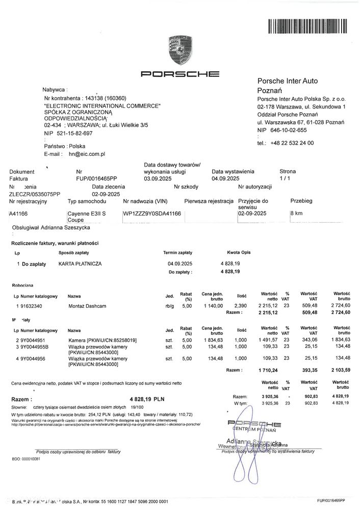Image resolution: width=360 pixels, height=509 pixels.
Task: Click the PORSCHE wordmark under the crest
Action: pyautogui.click(x=179, y=74)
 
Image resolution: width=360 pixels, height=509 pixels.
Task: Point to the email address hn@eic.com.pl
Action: pyautogui.click(x=87, y=153)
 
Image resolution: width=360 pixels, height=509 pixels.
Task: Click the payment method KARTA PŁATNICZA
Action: pyautogui.click(x=80, y=263)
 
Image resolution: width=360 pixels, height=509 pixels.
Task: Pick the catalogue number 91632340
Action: pyautogui.click(x=32, y=306)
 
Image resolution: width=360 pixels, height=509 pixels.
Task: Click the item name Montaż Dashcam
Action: pyautogui.click(x=86, y=306)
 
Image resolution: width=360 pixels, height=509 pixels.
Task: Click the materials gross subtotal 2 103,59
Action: pyautogui.click(x=339, y=370)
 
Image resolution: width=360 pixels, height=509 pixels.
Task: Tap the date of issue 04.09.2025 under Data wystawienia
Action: pyautogui.click(x=225, y=179)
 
